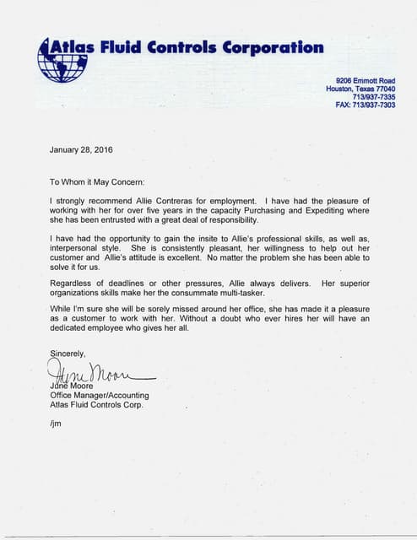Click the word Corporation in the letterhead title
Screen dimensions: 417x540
tap(273, 47)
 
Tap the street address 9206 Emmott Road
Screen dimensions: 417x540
tap(366, 80)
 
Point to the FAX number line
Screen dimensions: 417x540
tap(365, 105)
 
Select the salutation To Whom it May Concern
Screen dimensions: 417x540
tap(97, 181)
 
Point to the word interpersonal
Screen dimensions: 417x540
tap(78, 251)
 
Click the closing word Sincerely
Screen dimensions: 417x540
tap(68, 354)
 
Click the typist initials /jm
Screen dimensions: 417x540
tap(56, 422)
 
